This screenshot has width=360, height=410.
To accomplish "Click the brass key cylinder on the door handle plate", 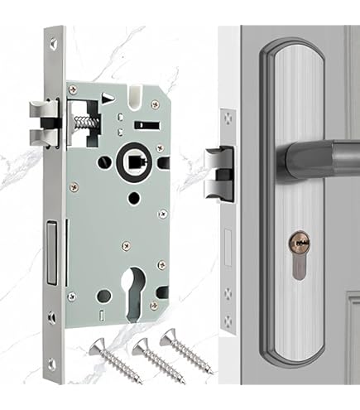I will [x=299, y=246].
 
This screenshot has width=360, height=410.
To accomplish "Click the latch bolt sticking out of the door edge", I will [x=218, y=171].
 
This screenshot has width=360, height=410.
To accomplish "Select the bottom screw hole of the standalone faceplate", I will [x=55, y=362].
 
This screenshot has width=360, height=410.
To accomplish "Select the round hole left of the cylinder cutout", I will [x=103, y=295].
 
